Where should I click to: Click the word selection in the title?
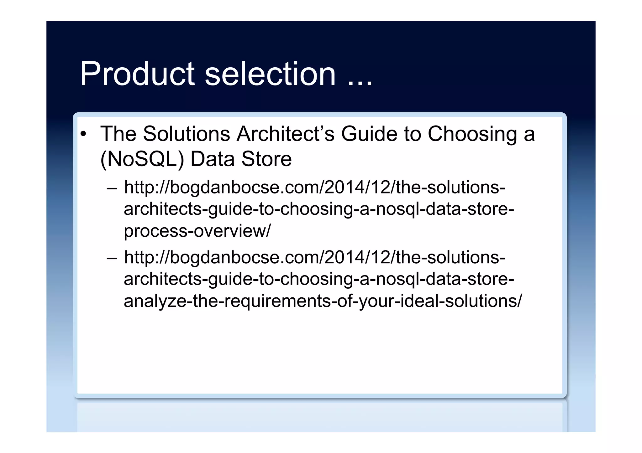click(270, 74)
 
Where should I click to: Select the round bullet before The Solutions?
click(83, 134)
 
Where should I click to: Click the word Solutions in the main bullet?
click(187, 134)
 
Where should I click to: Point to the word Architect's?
click(286, 134)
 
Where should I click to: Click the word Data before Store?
click(212, 159)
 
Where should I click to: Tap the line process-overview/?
click(197, 231)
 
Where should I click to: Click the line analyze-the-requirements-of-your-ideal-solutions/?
click(323, 301)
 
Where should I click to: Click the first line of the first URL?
click(314, 188)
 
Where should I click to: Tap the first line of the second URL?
click(314, 258)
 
